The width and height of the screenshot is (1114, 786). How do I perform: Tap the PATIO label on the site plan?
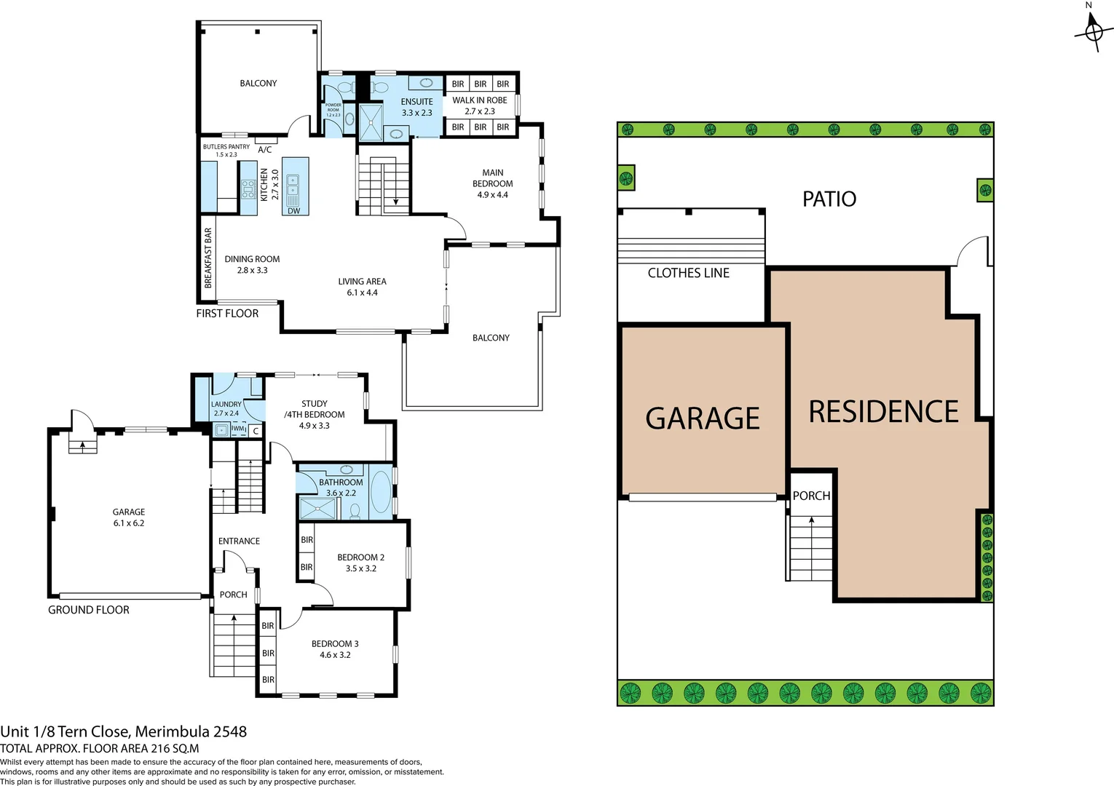[829, 199]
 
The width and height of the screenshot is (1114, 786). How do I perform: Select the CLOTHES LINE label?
[688, 273]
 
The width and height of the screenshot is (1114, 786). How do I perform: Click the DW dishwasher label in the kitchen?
[293, 211]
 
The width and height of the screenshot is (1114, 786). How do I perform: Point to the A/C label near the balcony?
[265, 149]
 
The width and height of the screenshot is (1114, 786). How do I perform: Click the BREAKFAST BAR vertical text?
[208, 258]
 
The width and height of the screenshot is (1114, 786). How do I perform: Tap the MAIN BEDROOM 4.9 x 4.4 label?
[492, 183]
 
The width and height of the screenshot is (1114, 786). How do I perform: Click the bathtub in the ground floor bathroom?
[381, 492]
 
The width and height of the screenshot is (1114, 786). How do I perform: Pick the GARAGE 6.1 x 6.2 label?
[129, 517]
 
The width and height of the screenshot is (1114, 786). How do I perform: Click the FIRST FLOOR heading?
[227, 314]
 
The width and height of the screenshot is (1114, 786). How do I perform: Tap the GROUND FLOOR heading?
[89, 610]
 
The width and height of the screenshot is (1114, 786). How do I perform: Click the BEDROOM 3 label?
[335, 649]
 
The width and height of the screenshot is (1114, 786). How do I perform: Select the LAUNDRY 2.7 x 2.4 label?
[226, 408]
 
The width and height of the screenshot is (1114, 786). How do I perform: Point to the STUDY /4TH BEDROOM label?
[315, 414]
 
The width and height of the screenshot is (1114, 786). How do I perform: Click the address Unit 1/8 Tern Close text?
[123, 731]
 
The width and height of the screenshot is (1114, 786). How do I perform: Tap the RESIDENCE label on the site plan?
[883, 412]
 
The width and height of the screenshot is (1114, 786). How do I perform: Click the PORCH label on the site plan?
[811, 496]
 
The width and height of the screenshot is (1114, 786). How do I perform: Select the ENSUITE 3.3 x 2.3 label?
[416, 107]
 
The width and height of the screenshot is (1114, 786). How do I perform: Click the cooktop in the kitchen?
[248, 189]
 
